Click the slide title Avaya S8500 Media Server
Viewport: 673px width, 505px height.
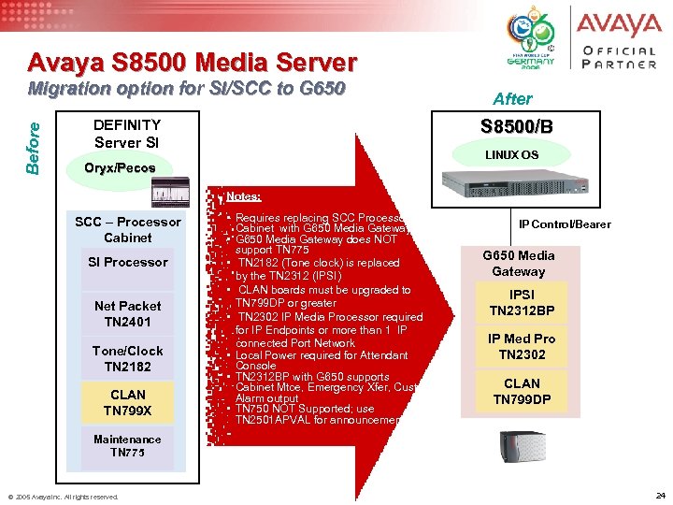(192, 63)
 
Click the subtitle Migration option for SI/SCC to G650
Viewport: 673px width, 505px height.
(187, 89)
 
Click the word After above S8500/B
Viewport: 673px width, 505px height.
(511, 98)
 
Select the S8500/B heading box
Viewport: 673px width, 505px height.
(517, 126)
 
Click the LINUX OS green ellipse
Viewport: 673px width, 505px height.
(510, 154)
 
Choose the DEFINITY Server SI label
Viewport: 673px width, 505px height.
(127, 133)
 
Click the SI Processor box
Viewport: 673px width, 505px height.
(127, 262)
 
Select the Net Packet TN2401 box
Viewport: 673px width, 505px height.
(127, 313)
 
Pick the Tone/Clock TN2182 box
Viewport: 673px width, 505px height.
(127, 358)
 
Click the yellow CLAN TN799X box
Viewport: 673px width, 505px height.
(127, 402)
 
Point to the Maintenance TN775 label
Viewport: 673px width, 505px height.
(127, 445)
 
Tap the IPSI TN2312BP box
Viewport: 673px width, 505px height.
(522, 302)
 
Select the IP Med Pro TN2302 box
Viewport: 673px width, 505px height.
(522, 346)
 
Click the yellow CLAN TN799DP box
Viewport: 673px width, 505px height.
(522, 391)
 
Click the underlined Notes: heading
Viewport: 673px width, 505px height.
(243, 196)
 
